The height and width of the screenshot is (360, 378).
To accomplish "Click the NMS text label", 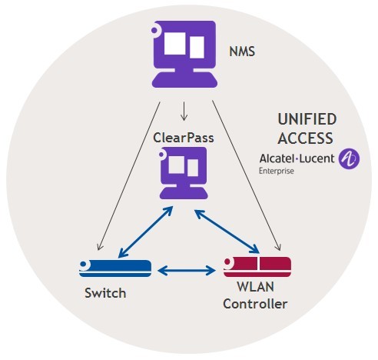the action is coord(242,52).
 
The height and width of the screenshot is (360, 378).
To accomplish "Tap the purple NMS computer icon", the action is coord(184,54).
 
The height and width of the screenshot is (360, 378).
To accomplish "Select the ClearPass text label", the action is coord(184,138).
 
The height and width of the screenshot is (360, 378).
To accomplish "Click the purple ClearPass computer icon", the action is coord(184,173).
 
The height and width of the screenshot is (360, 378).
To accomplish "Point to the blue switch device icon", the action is coord(115,268).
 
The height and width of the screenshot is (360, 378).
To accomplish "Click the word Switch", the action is coord(105,293).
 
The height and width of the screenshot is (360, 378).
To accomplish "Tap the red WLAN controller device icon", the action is coord(257,267).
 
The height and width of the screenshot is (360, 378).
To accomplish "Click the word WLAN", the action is coord(255,286).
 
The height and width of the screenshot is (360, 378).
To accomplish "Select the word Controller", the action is coord(255,304).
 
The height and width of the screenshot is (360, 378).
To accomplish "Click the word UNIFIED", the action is coord(307,119).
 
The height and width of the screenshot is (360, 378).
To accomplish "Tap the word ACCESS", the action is coord(305,138).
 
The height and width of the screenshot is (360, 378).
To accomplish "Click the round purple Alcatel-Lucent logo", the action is coord(349,158).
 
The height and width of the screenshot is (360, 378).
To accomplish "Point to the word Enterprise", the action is coord(277,171).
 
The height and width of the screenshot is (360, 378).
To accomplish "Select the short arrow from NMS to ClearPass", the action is coord(184,112).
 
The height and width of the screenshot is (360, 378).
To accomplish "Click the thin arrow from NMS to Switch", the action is coord(129,176).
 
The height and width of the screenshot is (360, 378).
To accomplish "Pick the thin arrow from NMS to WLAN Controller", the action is coord(247,175).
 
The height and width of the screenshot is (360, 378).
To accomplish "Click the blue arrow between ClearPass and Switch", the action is coord(145,232).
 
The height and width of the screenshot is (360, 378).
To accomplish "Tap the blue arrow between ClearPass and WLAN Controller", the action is coord(227,232).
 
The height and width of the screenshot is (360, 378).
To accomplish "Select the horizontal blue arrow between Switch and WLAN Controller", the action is coord(187,271).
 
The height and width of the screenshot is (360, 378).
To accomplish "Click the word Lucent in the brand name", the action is coord(317,158).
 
